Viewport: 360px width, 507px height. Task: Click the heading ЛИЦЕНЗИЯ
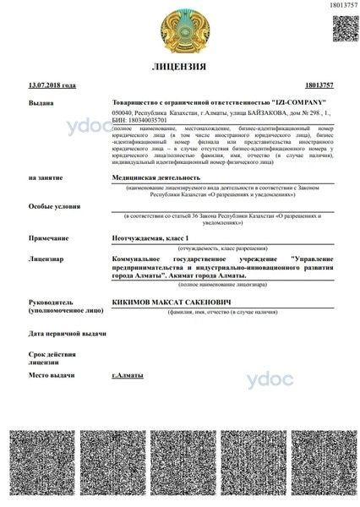(178, 66)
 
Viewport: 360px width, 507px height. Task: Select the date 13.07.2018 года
(52, 85)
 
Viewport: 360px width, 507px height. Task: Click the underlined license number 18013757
(318, 85)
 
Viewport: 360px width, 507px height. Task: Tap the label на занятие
(45, 178)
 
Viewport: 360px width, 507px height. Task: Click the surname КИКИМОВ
(134, 300)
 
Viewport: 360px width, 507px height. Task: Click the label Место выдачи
(52, 374)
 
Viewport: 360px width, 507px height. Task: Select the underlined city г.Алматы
(128, 374)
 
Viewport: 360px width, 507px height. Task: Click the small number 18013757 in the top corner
(341, 5)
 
